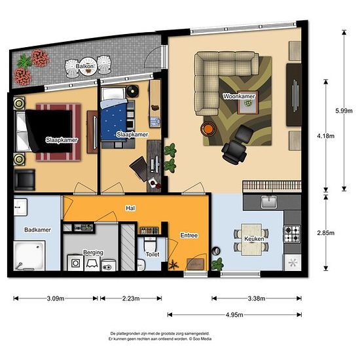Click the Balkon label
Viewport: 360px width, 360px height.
84,66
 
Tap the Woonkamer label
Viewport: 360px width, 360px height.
239,96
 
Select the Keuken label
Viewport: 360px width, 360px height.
254,239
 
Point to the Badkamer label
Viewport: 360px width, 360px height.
38,230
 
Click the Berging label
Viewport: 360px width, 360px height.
93,253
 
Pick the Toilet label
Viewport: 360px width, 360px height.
153,254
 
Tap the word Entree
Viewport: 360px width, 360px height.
189,236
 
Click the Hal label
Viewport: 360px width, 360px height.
130,208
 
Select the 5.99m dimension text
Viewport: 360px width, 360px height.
344,111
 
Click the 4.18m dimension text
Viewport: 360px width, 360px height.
325,136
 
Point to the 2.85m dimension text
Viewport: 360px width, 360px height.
325,233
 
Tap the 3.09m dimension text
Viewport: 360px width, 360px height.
56,298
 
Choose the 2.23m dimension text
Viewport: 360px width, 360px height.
131,298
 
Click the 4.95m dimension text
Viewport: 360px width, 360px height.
234,315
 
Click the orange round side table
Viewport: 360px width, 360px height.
208,128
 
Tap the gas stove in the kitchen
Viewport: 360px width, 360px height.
292,234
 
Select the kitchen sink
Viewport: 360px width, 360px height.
269,202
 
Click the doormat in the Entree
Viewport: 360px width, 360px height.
196,264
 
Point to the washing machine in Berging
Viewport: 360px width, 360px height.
75,263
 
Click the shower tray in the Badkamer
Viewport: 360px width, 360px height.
29,255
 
